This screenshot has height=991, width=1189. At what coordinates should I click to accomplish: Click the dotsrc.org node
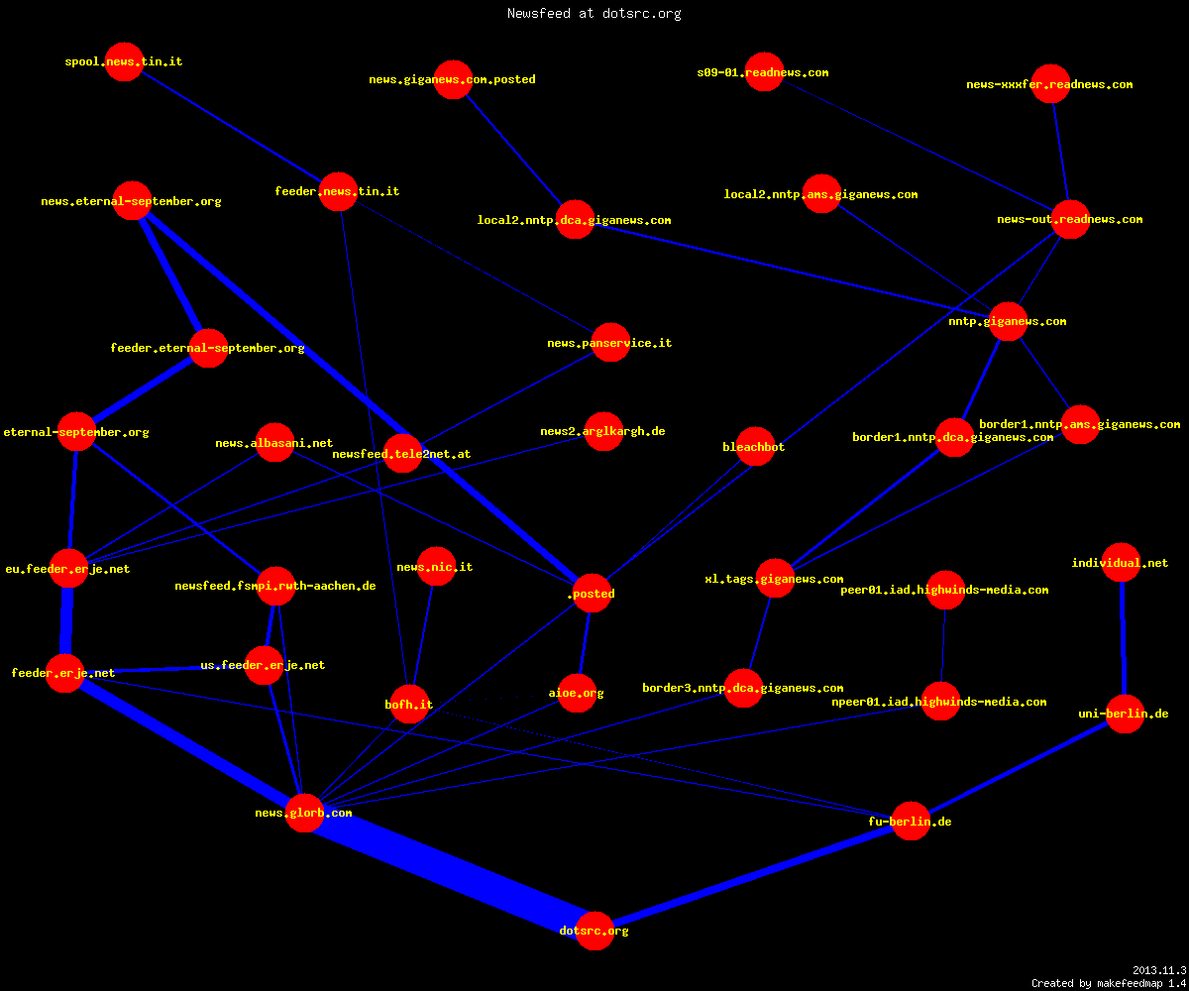click(x=594, y=931)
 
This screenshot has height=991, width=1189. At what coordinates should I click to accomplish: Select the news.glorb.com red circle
click(x=304, y=813)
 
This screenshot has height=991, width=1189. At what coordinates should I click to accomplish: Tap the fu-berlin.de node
click(x=911, y=821)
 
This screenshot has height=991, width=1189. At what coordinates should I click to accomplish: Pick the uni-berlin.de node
click(x=1125, y=714)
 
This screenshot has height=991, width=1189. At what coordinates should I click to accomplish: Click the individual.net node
click(x=1121, y=562)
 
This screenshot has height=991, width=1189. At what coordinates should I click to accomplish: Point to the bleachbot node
click(x=755, y=446)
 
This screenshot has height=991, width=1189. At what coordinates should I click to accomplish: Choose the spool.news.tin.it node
click(x=124, y=61)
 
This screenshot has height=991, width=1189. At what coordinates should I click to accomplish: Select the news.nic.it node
click(x=436, y=566)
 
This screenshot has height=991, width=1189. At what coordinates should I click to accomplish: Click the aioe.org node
click(x=577, y=693)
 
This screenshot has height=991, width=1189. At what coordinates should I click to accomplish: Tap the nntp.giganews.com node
click(x=1008, y=321)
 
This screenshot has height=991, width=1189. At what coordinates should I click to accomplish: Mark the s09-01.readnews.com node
click(x=764, y=71)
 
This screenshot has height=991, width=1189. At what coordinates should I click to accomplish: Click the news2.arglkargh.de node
click(x=603, y=431)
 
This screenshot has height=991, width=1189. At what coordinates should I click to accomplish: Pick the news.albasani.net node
click(x=275, y=443)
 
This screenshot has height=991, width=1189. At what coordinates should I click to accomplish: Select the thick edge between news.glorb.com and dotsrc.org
click(x=450, y=871)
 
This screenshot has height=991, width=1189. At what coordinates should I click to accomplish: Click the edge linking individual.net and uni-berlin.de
click(x=1123, y=638)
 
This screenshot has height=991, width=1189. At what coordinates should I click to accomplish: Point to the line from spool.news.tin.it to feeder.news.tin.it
click(x=231, y=126)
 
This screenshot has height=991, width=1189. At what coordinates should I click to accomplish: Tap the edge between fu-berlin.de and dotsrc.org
click(x=753, y=876)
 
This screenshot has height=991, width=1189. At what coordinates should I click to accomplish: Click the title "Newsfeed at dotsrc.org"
click(x=594, y=13)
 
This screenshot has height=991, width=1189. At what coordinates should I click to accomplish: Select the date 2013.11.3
click(x=1159, y=970)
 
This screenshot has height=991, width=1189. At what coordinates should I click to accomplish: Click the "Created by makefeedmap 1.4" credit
click(x=1109, y=983)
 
